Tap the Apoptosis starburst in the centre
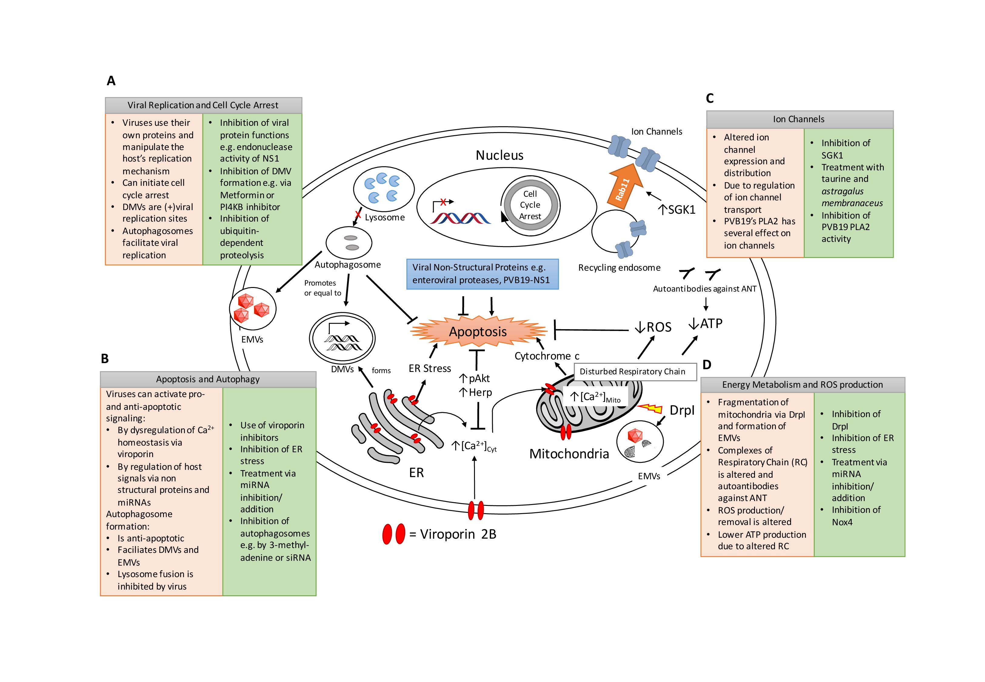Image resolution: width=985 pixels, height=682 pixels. (478, 332)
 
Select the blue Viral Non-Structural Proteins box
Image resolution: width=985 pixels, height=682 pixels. (482, 274)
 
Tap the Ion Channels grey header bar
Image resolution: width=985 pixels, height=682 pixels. (799, 119)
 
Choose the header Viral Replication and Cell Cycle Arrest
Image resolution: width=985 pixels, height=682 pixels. (203, 105)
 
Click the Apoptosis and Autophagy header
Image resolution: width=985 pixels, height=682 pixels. (208, 379)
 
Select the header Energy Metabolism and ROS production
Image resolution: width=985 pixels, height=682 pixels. (802, 385)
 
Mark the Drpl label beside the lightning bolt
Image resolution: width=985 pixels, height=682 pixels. (682, 410)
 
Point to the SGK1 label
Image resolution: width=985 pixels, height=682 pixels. (677, 209)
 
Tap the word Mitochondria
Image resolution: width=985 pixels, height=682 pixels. (569, 454)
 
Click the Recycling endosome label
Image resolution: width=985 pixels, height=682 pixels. (619, 268)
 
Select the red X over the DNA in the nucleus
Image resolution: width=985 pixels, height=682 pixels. (443, 202)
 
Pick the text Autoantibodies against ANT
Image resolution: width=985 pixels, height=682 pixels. (704, 289)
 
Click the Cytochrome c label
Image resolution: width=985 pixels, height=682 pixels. (547, 356)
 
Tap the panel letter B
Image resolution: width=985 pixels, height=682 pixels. (105, 359)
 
